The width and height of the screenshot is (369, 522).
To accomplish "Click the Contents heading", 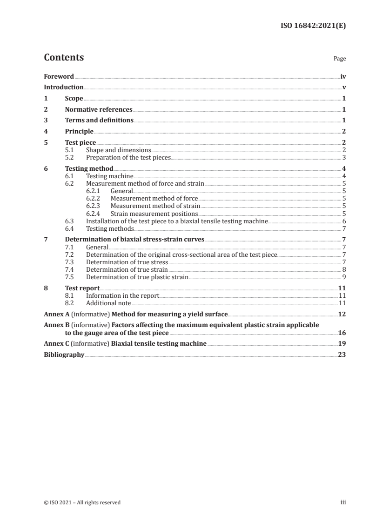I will pyautogui.click(x=64, y=58).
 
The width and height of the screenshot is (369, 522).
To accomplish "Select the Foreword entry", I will pyautogui.click(x=59, y=76).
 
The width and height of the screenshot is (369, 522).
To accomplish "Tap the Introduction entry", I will pyautogui.click(x=64, y=87).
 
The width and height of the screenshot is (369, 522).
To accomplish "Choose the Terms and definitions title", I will pyautogui.click(x=99, y=120).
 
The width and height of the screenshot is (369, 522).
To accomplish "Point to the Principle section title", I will pyautogui.click(x=79, y=132).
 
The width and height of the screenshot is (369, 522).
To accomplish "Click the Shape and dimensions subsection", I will pyautogui.click(x=119, y=150).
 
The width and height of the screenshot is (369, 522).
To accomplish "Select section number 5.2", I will pyautogui.click(x=69, y=158).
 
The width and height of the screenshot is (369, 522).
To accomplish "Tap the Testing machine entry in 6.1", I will pyautogui.click(x=110, y=176).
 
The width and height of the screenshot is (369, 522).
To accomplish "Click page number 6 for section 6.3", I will pyautogui.click(x=343, y=221).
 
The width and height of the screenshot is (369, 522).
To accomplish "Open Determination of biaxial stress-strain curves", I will pyautogui.click(x=134, y=240).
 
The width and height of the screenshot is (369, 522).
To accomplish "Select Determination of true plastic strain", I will pyautogui.click(x=137, y=277).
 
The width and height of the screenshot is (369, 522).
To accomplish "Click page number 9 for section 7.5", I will pyautogui.click(x=343, y=277).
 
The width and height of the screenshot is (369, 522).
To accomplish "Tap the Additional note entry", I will pyautogui.click(x=109, y=303).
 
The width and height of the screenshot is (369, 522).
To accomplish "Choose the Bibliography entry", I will pyautogui.click(x=64, y=355).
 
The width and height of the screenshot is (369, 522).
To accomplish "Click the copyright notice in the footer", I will pyautogui.click(x=82, y=502).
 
